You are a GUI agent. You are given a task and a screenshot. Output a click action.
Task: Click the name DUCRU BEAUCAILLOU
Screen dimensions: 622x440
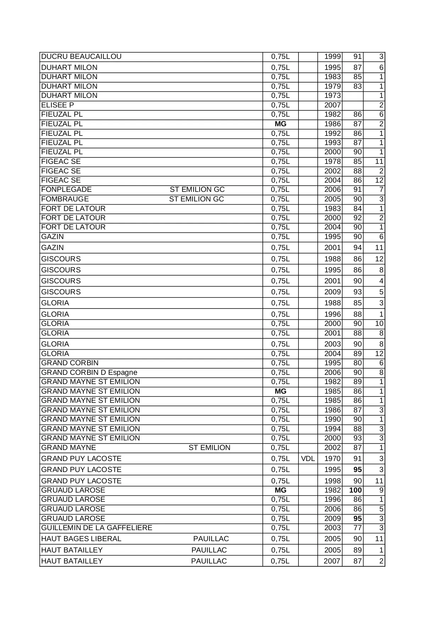coord(81,57)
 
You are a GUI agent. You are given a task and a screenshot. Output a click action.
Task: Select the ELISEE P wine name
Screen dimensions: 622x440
coord(57,105)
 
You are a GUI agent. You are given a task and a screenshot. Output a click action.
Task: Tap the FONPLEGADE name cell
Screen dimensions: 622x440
coord(66,190)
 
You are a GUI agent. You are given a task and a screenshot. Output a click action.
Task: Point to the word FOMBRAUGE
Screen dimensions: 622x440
coord(65,199)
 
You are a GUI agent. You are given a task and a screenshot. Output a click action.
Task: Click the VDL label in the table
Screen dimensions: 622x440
coord(308,459)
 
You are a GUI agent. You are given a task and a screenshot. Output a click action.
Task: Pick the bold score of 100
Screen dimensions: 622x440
coord(355,490)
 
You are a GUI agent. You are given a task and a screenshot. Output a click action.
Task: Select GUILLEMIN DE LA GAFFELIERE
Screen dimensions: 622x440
coord(96,528)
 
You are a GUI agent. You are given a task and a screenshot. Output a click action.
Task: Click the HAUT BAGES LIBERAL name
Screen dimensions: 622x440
coord(81,539)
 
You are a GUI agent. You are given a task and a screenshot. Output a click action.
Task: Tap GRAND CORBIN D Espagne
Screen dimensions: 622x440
coord(89,372)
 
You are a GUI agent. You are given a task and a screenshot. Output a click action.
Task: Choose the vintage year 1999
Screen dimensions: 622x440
coord(333,57)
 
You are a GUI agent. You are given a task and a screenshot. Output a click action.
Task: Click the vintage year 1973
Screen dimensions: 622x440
coord(333,96)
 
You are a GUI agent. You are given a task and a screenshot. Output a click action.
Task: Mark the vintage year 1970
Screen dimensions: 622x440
coord(333,459)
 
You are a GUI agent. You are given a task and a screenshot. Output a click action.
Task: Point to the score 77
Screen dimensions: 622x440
coord(357,528)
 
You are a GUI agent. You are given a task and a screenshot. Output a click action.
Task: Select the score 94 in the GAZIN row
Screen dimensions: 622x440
coord(357,248)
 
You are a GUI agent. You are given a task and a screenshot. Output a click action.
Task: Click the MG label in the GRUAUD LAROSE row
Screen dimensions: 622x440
coord(280,490)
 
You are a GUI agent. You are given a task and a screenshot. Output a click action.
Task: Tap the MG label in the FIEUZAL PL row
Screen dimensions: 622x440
coord(280,124)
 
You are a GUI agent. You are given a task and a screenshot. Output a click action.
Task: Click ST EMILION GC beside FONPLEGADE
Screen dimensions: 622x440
coord(197,190)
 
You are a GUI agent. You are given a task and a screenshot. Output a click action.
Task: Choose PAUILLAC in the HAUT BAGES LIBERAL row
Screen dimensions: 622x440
coord(211,539)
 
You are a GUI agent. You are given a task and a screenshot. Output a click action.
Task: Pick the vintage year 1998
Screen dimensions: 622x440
coord(333,481)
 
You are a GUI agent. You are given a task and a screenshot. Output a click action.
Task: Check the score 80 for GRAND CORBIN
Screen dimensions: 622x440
coord(357,363)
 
